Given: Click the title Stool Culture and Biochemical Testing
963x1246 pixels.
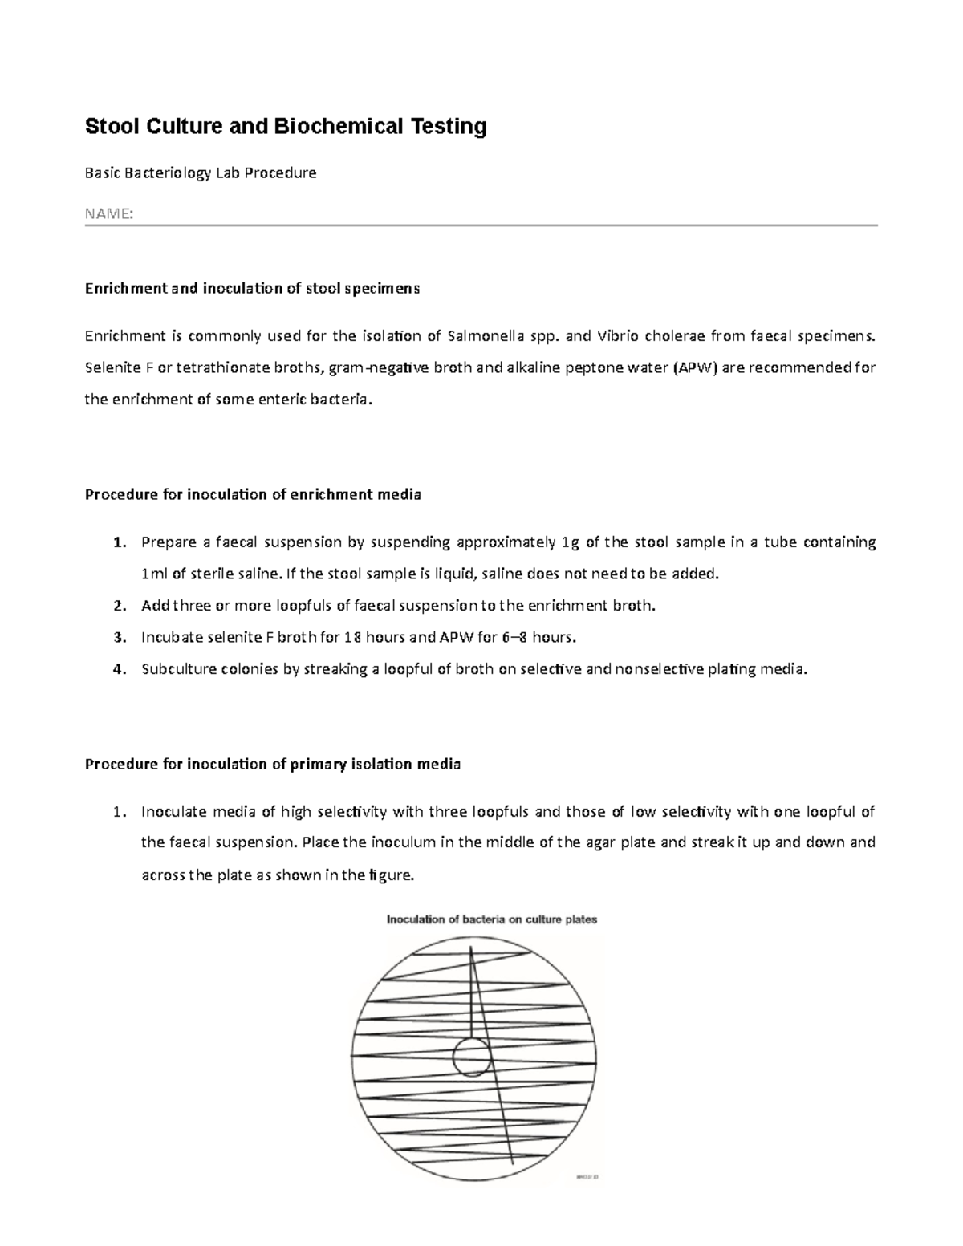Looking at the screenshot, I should pyautogui.click(x=286, y=127).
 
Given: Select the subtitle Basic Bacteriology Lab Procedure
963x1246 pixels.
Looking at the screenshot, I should pyautogui.click(x=201, y=173).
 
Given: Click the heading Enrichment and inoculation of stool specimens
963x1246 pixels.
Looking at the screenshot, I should pyautogui.click(x=252, y=289).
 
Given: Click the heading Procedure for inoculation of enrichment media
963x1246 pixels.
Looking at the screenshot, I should pyautogui.click(x=253, y=494).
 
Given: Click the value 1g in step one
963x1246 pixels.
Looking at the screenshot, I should pyautogui.click(x=570, y=542).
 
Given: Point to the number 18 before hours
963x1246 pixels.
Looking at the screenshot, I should pyautogui.click(x=351, y=638).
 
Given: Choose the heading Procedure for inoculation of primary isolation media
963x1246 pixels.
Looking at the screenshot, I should pyautogui.click(x=273, y=764).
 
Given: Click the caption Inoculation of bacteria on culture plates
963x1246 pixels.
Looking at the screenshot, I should pyautogui.click(x=492, y=919).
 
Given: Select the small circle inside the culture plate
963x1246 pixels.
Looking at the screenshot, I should pyautogui.click(x=471, y=1057).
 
